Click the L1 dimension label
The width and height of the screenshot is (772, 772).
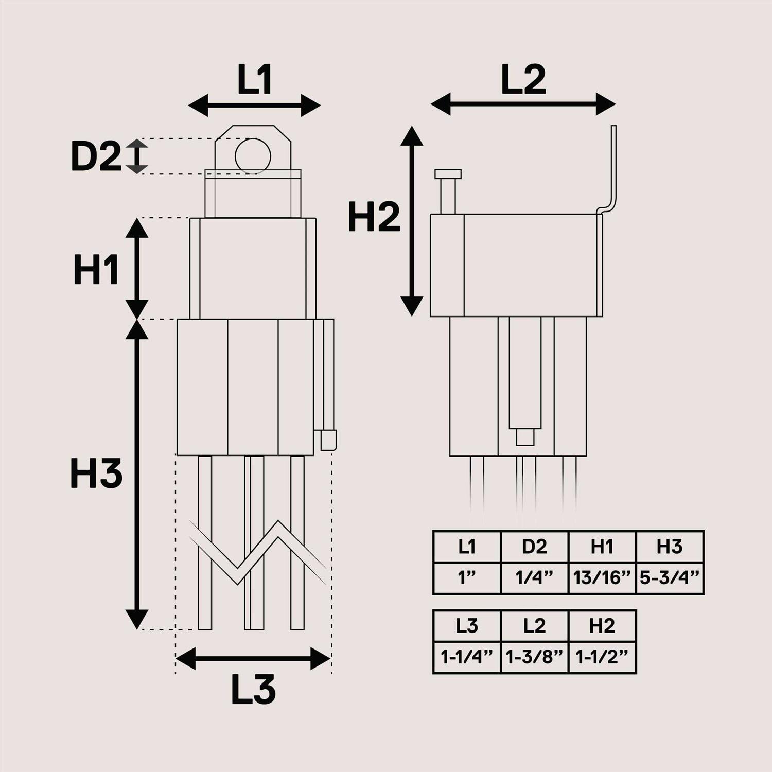coord(254,80)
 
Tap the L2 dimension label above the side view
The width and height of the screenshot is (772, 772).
coord(523,80)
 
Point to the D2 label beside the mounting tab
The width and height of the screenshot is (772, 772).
coord(96,156)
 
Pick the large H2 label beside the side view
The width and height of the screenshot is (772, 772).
coord(374,217)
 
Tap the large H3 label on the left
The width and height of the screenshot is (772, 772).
coord(96,473)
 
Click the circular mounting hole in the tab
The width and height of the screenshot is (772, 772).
coord(253,155)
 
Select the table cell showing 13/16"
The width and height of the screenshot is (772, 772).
coord(602,578)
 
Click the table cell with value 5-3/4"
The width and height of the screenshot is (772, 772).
coord(670,578)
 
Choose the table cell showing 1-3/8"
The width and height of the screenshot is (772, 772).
coord(534,657)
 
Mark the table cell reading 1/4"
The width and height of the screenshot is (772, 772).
coord(534,578)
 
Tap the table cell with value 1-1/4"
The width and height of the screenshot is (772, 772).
coord(467,657)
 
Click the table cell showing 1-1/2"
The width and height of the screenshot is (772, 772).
coord(602,657)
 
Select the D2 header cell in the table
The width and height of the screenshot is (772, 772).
coord(534,547)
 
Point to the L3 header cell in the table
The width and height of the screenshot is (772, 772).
coord(467,626)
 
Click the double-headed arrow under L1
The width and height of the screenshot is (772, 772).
coord(254,106)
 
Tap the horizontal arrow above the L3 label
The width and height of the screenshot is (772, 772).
coord(253,659)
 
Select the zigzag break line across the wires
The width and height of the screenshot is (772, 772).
coord(257,553)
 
